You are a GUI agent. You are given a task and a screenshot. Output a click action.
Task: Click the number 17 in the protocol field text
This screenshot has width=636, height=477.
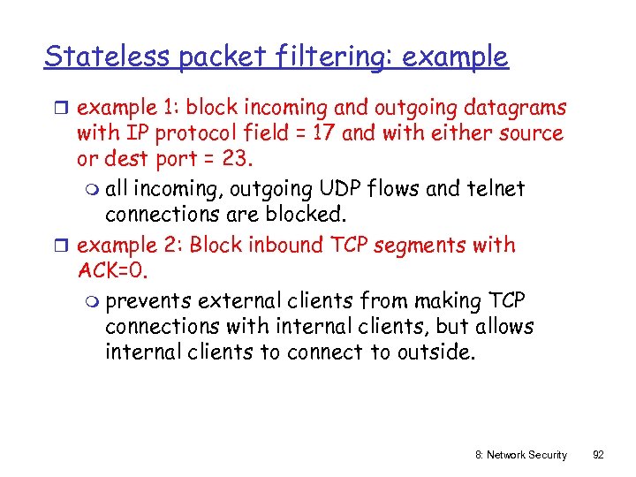[x=323, y=133]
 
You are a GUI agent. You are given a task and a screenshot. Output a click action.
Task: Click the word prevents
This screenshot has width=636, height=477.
[x=149, y=301]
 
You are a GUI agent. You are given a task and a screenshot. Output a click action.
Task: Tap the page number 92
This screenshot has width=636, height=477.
[x=598, y=454]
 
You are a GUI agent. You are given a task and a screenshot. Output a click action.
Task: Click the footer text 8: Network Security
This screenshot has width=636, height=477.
[x=520, y=454]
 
